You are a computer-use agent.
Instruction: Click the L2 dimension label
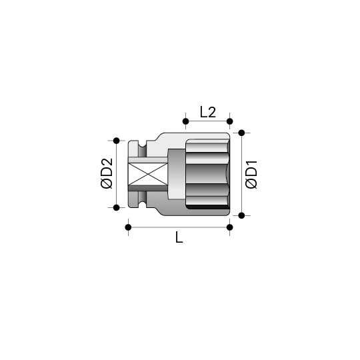pyautogui.click(x=208, y=112)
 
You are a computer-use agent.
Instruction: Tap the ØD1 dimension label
pyautogui.click(x=251, y=175)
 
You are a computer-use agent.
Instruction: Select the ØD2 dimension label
pyautogui.click(x=107, y=173)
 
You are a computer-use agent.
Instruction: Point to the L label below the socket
pyautogui.click(x=179, y=237)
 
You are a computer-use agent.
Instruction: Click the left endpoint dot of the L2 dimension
pyautogui.click(x=186, y=121)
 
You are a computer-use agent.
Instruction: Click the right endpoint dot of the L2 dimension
pyautogui.click(x=229, y=121)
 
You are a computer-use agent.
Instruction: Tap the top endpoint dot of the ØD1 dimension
pyautogui.click(x=241, y=133)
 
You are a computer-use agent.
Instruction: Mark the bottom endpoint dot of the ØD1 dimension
pyautogui.click(x=241, y=215)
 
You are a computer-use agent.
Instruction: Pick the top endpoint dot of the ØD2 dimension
pyautogui.click(x=117, y=141)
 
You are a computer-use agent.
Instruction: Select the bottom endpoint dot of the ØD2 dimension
pyautogui.click(x=117, y=207)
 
